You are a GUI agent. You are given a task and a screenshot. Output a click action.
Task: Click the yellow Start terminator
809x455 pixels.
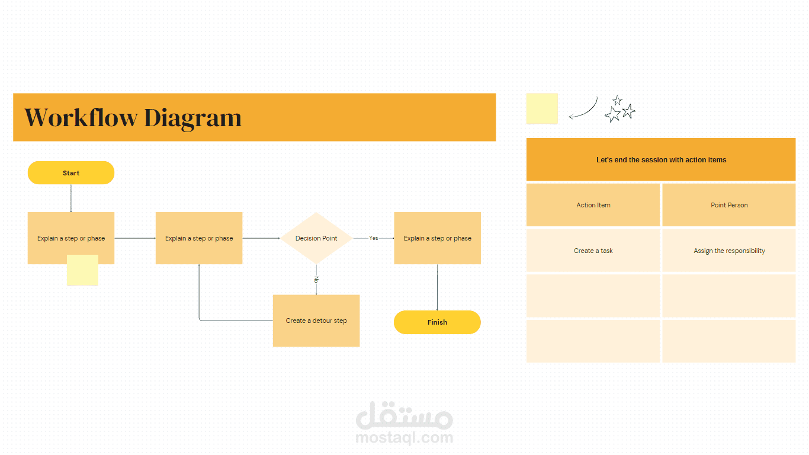point(71,173)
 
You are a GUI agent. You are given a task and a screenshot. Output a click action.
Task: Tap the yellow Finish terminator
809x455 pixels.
point(437,322)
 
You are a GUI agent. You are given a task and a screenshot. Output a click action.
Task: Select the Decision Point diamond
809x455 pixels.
point(316,238)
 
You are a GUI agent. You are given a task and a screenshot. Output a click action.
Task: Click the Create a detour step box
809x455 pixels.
point(316,321)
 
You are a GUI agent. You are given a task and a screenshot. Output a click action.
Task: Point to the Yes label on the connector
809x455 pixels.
point(374,238)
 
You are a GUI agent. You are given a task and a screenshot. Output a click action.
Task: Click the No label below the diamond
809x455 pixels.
point(316,279)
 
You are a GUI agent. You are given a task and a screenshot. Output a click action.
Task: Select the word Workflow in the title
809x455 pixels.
point(81,117)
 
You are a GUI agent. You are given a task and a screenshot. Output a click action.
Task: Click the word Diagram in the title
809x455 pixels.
point(192,117)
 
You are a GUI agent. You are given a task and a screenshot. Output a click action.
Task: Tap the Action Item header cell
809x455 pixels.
point(593,205)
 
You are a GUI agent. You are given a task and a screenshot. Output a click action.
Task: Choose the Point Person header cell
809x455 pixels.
point(729,205)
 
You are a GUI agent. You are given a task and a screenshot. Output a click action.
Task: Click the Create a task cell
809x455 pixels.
point(593,251)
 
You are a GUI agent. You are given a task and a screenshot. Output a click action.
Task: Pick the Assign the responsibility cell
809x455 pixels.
point(729,251)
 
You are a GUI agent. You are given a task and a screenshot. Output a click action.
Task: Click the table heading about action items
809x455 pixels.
point(661,159)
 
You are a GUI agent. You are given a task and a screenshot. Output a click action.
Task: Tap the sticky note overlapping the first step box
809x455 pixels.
point(82,270)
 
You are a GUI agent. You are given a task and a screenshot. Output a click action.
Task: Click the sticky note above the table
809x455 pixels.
point(542,108)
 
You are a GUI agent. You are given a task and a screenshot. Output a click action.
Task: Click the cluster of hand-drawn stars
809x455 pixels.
point(619,109)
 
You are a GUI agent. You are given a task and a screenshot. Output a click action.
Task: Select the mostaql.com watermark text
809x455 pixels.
point(404,438)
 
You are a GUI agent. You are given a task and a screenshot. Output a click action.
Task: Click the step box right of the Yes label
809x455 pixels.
point(437,238)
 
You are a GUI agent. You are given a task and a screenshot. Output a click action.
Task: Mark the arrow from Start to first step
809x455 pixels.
point(71,198)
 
